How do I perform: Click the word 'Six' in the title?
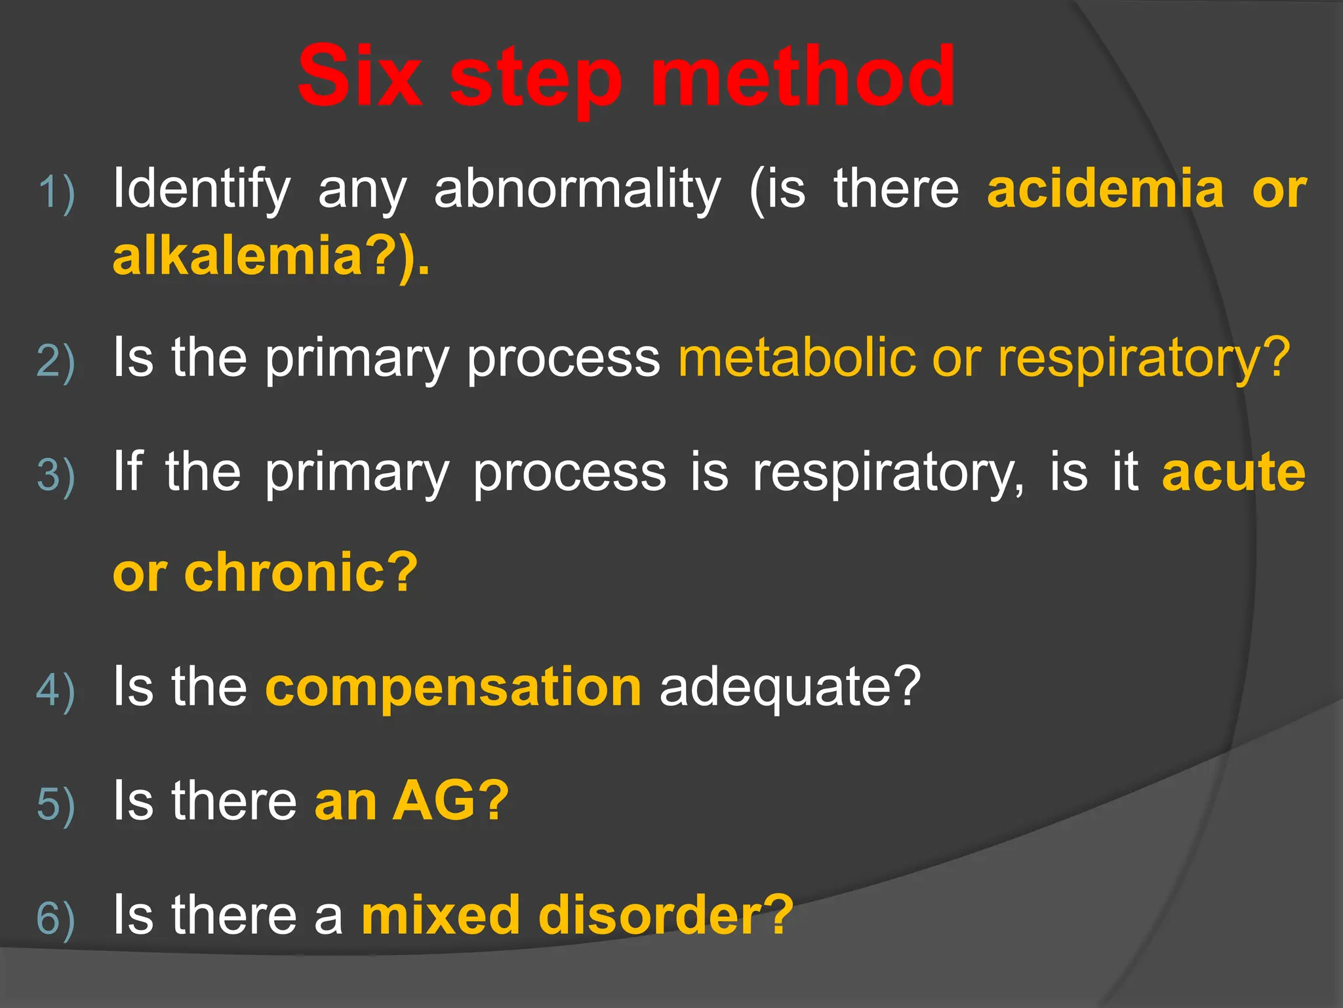(359, 77)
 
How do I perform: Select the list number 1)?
(56, 193)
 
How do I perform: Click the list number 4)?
(56, 690)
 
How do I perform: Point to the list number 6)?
(56, 918)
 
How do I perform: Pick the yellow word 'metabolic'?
(797, 358)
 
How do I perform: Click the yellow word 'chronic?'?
(300, 572)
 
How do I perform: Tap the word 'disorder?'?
(666, 915)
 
